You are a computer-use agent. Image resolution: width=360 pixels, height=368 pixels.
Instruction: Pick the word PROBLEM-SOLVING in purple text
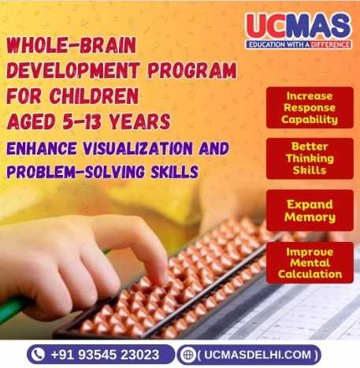(x=77, y=171)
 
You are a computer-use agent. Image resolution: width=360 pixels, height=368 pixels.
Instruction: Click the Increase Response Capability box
(x=310, y=107)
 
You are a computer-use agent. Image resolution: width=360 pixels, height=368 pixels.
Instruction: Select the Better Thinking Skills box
(x=310, y=158)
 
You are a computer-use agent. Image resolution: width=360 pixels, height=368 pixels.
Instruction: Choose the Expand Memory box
(x=310, y=210)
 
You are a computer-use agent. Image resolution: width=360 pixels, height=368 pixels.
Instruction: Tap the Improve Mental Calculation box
(x=310, y=263)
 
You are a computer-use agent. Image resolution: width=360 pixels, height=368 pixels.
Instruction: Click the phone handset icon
(x=39, y=353)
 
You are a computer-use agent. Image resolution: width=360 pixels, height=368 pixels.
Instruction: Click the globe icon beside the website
(x=187, y=354)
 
